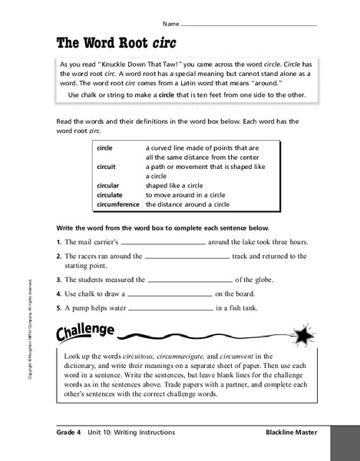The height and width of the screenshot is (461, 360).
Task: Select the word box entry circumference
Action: (117, 205)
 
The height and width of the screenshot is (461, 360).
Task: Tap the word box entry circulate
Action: (110, 195)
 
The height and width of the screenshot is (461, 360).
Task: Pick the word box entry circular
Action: (108, 185)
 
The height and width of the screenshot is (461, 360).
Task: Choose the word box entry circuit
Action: (106, 166)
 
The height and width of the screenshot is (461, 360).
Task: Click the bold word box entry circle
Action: (105, 146)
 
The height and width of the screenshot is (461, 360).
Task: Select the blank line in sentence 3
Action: (188, 280)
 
